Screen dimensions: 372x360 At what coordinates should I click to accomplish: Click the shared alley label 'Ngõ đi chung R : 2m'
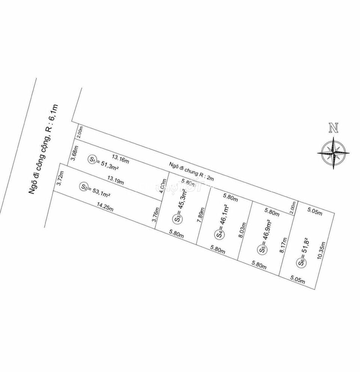click(x=191, y=173)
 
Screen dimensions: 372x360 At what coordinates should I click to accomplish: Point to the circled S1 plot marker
click(x=91, y=159)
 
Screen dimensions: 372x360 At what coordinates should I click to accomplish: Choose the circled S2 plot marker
click(x=84, y=186)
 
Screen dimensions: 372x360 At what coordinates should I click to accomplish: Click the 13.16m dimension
click(x=120, y=158)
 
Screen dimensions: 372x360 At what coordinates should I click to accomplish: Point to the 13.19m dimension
click(x=116, y=181)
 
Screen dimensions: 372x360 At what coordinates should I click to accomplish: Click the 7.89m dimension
click(x=202, y=216)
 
